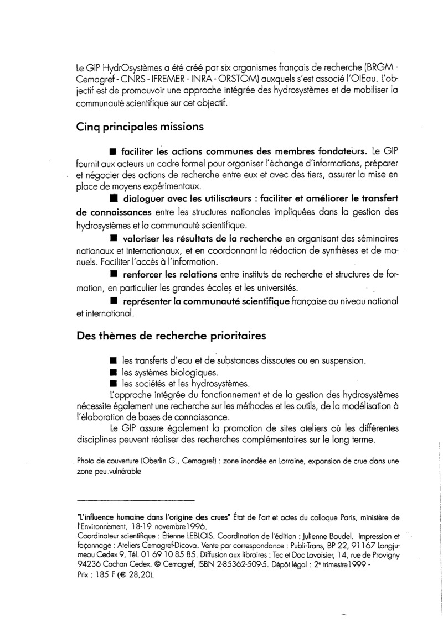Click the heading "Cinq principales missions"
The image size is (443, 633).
point(140,126)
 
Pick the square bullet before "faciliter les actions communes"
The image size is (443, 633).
point(113,151)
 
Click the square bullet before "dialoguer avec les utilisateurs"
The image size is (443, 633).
point(114,197)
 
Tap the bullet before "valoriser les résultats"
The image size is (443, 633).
point(114,238)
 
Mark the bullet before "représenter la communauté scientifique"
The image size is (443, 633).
point(114,301)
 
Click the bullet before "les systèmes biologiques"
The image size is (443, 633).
point(113,372)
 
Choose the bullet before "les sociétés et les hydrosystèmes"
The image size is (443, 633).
point(113,384)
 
